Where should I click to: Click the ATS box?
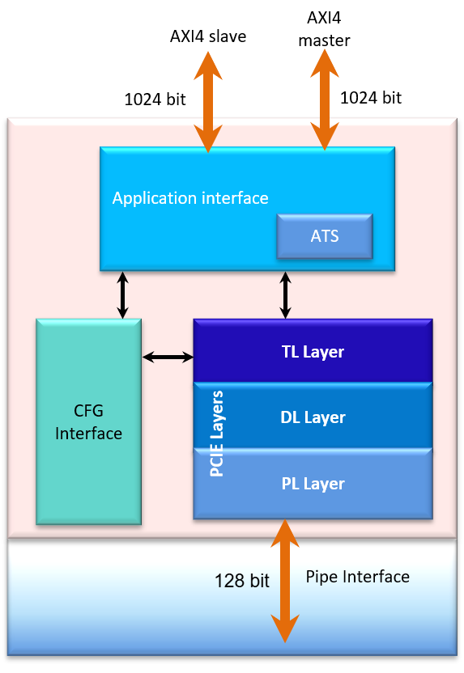click(x=324, y=237)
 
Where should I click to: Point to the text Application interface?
click(x=190, y=198)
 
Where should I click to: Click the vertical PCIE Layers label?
click(x=217, y=434)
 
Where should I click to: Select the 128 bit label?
click(x=241, y=581)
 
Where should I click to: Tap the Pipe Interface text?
click(x=357, y=577)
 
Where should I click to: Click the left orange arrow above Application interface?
click(x=208, y=101)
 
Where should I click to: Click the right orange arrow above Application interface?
click(x=324, y=99)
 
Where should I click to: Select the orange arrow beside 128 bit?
click(x=284, y=581)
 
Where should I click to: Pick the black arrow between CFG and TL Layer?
click(x=168, y=356)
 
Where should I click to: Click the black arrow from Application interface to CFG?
click(x=123, y=294)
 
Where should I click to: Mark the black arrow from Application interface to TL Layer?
click(x=286, y=294)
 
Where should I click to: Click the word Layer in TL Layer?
click(x=324, y=352)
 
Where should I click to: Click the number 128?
click(x=228, y=581)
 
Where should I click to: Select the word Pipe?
click(x=321, y=577)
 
